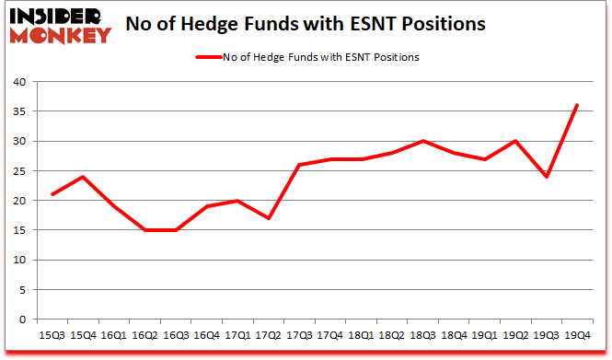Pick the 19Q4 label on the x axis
[x=577, y=334]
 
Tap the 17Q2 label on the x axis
[x=270, y=334]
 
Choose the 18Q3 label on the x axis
[x=423, y=334]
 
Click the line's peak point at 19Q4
[x=577, y=105]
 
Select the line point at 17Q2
[x=270, y=218]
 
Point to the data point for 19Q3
[x=547, y=177]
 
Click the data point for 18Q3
[x=423, y=141]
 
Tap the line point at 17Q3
[x=300, y=165]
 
